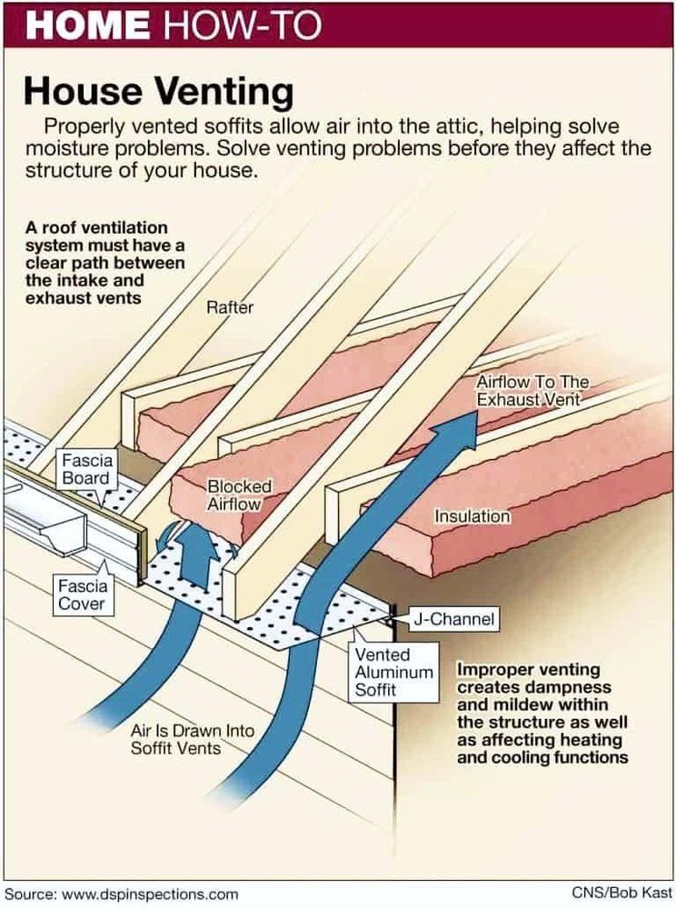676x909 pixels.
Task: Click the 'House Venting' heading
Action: (158, 91)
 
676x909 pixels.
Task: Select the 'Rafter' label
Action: (230, 307)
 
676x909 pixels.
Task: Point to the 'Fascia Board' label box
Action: (86, 470)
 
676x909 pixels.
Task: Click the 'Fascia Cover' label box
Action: (82, 594)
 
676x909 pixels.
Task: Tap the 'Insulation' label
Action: (472, 516)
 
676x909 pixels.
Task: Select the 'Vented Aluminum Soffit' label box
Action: (383, 672)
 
